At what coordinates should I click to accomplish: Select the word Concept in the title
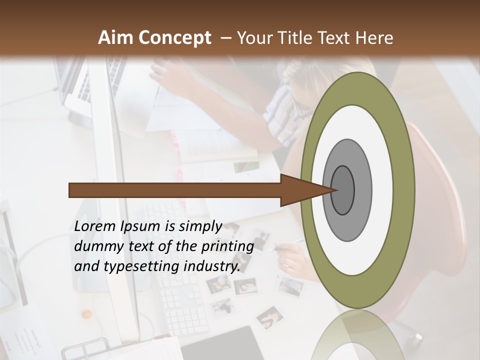point(174,38)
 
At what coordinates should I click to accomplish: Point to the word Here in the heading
point(374,38)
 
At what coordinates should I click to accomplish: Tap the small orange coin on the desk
point(87,314)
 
